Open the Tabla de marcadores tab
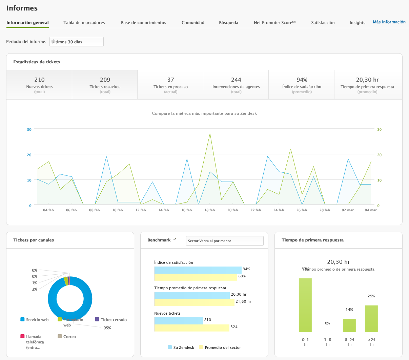(84, 23)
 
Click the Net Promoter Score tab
(274, 23)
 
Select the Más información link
(389, 22)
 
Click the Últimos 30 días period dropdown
(77, 42)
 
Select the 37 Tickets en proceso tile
(170, 84)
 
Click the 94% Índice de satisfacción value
(302, 80)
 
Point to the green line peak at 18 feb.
(210, 133)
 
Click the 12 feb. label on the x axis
(141, 210)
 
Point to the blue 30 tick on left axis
(29, 129)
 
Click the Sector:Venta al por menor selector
(225, 241)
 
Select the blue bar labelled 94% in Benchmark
(198, 270)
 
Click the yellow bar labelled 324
(192, 328)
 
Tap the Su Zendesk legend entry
(181, 347)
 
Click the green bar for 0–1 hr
(305, 305)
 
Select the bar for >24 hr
(371, 319)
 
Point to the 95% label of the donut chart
(107, 328)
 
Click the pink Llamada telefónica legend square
(23, 337)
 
